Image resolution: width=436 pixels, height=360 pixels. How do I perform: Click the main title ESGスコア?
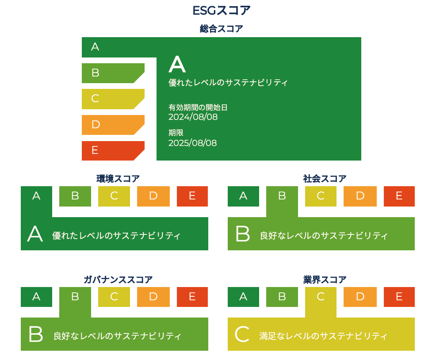222,11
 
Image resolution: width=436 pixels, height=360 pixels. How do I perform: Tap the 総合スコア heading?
222,28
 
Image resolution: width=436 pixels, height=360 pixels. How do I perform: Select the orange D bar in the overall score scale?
113,125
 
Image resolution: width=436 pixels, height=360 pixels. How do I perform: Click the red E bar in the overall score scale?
113,150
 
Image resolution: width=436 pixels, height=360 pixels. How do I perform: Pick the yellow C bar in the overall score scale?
113,99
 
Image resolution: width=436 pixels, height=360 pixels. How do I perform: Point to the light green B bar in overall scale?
113,73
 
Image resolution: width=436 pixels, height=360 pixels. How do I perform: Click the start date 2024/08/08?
193,117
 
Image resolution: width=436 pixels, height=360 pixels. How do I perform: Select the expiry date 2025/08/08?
192,143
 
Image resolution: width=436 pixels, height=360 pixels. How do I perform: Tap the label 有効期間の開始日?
198,107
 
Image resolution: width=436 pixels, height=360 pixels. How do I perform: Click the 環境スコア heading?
118,178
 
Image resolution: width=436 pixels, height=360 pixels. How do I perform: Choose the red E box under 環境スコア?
192,196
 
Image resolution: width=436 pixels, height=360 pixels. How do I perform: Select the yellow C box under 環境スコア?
114,196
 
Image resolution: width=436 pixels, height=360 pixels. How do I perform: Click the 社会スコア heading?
325,178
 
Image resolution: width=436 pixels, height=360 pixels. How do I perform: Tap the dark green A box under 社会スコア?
243,196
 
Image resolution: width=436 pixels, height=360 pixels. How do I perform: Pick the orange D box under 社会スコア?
360,196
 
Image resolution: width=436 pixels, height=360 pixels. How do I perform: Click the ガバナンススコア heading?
118,280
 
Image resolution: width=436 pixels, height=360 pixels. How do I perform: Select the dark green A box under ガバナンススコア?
36,297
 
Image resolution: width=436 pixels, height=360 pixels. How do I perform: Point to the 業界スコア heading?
325,280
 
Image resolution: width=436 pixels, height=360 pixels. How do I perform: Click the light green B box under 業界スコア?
282,297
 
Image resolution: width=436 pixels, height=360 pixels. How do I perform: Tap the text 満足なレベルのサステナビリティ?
323,336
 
